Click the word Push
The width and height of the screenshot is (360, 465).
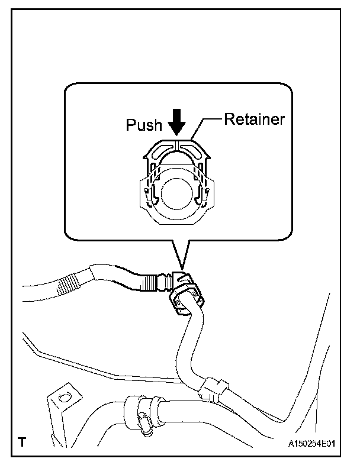(144, 125)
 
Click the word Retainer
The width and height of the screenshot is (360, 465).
(255, 119)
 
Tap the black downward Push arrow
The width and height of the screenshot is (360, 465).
(176, 124)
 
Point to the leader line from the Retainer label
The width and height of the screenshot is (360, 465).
(207, 125)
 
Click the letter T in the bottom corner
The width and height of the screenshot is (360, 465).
(21, 442)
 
